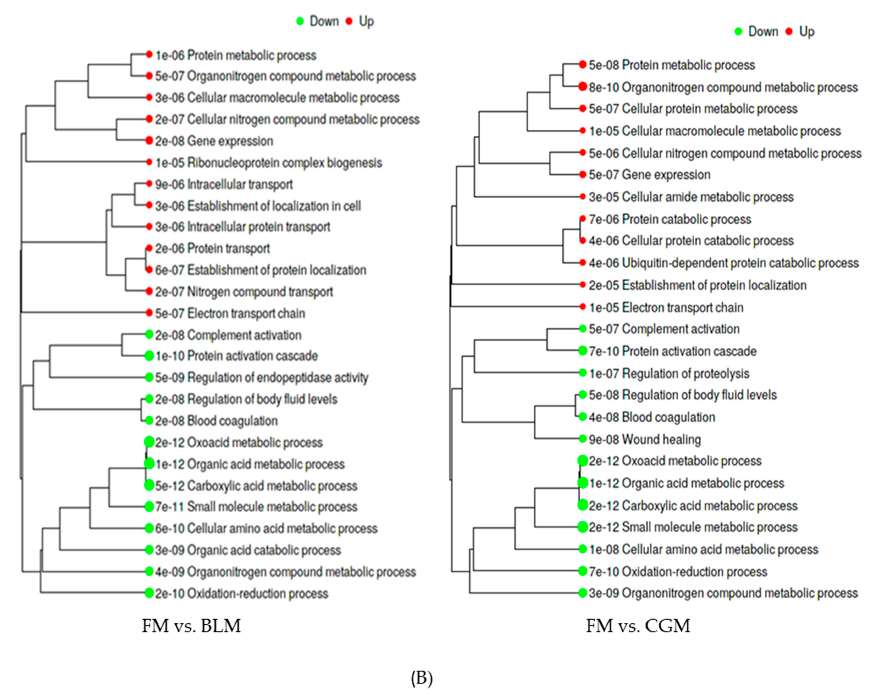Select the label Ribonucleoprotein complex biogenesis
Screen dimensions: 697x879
284,163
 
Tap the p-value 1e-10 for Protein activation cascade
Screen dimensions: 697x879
170,356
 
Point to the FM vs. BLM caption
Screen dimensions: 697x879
191,626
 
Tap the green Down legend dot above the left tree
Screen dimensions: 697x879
300,21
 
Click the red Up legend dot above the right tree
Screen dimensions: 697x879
789,31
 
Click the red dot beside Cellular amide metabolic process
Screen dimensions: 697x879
583,197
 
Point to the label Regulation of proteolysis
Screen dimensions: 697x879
685,374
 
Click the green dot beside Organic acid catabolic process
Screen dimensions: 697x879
149,550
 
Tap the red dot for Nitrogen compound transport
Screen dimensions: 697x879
149,291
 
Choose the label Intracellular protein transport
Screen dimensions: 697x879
258,227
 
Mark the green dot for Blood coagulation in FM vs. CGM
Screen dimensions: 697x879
583,417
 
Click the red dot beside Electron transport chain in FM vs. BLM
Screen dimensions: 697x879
149,313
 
